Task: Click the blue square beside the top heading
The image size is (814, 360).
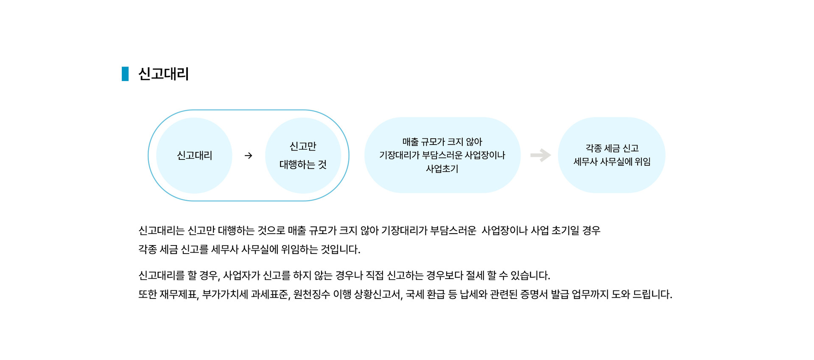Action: tap(125, 74)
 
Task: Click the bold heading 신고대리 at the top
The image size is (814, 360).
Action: tap(163, 74)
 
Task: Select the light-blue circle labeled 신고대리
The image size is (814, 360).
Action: tap(194, 155)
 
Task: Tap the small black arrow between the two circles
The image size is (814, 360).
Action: tap(249, 156)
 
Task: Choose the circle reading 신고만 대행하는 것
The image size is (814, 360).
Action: tap(303, 155)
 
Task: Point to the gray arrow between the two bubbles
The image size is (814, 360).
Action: tap(540, 155)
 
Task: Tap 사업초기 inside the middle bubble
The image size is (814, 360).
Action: tap(442, 169)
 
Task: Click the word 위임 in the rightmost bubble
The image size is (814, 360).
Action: tap(643, 162)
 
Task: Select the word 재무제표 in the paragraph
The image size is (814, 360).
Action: tap(178, 294)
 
